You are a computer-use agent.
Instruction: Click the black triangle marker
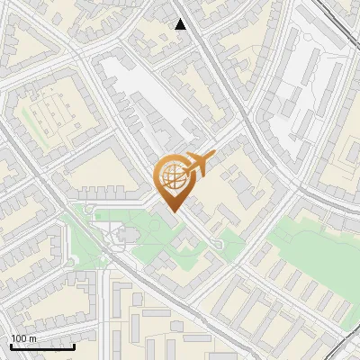[x=181, y=24]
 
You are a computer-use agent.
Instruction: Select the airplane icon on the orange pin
[x=197, y=164]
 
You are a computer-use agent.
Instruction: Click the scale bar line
[x=42, y=346]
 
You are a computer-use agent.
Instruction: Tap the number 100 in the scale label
[x=19, y=338]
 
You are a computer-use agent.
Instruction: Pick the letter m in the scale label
[x=32, y=338]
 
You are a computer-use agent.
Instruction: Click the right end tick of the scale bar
[x=74, y=344]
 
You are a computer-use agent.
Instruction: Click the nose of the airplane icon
[x=214, y=157]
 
